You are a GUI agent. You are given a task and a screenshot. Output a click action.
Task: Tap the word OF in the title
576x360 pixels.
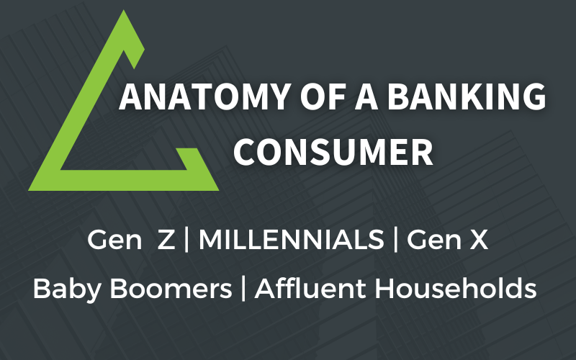[323, 96]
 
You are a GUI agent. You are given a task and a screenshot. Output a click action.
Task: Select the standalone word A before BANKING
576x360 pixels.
[366, 96]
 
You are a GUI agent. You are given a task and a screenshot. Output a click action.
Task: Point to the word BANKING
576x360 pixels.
[467, 96]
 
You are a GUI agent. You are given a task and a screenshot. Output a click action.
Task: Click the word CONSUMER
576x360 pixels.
[333, 153]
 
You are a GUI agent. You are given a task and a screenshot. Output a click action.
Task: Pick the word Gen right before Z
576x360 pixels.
[114, 240]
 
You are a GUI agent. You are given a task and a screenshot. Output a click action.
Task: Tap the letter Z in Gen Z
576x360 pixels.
[166, 240]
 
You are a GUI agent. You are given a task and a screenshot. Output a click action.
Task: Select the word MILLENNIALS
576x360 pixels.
[292, 240]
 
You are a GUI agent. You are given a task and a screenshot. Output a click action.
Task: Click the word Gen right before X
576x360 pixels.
[434, 240]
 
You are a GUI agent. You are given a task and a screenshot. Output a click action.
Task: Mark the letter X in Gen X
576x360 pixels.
[479, 240]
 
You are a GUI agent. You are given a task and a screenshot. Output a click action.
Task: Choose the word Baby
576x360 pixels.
[67, 289]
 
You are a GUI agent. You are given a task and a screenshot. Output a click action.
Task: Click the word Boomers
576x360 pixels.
[171, 289]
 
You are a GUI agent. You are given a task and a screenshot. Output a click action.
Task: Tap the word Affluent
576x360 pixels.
[310, 288]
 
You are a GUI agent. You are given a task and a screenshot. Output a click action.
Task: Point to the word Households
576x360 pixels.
[456, 288]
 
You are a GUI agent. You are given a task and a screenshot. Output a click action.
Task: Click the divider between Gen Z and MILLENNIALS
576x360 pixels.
[186, 239]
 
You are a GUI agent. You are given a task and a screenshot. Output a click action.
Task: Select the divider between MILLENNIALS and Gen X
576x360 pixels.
[395, 239]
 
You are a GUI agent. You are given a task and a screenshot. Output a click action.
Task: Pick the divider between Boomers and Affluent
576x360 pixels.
[243, 289]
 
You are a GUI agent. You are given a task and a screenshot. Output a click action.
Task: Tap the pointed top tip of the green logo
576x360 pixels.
[123, 10]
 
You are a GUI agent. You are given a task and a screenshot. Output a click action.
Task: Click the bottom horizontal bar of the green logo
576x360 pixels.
[124, 181]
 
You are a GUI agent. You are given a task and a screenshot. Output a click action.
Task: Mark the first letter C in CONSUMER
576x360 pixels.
[244, 153]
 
